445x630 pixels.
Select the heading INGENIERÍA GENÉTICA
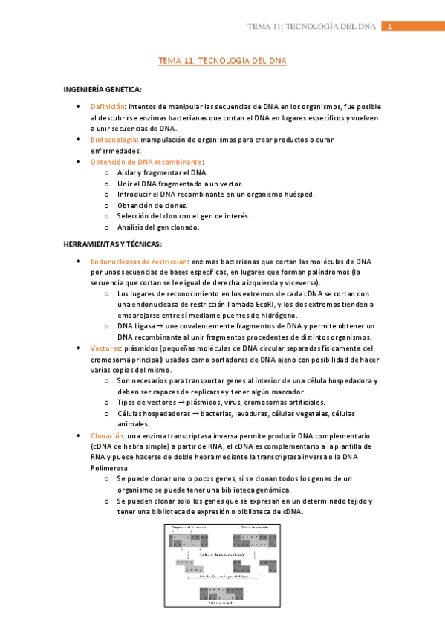pos(103,90)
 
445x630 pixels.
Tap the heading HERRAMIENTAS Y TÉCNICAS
pos(113,244)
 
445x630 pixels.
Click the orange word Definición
pos(108,107)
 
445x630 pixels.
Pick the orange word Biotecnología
pos(114,140)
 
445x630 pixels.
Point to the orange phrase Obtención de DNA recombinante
pos(146,161)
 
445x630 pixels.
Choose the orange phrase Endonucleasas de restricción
pos(138,262)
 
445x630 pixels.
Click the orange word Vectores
pos(105,348)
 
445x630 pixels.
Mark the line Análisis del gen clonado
pos(158,227)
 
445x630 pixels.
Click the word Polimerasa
pos(110,468)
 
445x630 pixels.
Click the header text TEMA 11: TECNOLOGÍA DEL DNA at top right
pos(312,27)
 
